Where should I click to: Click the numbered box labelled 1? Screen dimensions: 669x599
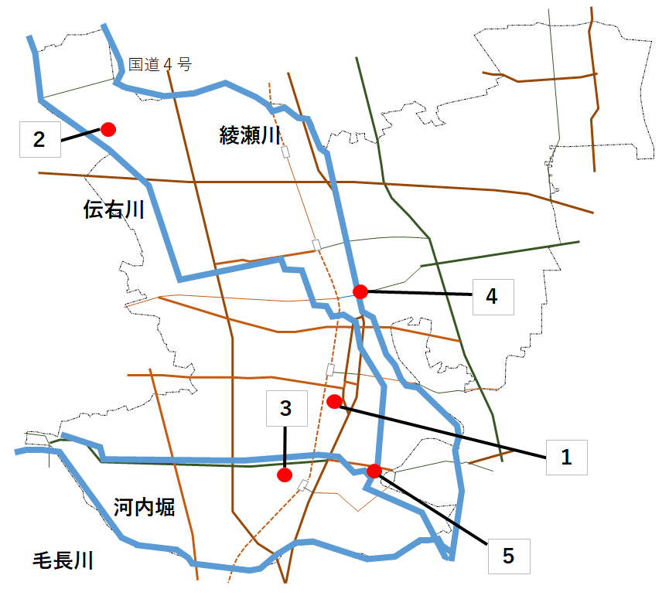click(567, 458)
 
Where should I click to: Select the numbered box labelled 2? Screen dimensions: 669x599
click(40, 139)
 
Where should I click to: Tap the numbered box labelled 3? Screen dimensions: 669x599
click(287, 408)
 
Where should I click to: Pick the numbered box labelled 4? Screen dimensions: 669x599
click(493, 297)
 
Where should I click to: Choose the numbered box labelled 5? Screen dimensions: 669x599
click(509, 556)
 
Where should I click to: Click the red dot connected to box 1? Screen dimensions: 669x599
click(334, 402)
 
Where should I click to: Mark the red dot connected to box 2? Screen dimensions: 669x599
click(108, 129)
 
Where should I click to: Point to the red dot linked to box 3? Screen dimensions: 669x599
click(285, 475)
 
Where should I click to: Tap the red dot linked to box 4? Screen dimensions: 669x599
click(360, 292)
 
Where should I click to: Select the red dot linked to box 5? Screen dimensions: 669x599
click(374, 471)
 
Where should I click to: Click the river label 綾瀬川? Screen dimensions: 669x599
click(250, 135)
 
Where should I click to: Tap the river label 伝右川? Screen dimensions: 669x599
click(114, 209)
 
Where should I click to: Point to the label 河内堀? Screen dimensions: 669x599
click(144, 507)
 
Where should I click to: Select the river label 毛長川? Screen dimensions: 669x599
click(63, 560)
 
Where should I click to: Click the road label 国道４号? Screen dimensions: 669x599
click(160, 64)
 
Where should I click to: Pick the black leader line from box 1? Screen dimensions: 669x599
click(442, 432)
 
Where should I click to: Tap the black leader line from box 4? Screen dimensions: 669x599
click(419, 293)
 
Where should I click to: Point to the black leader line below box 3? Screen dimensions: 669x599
click(285, 447)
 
